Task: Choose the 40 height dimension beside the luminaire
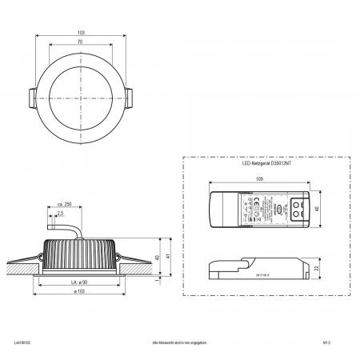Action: click(x=158, y=257)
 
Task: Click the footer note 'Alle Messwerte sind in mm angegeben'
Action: click(x=180, y=342)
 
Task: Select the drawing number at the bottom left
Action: click(x=17, y=342)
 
